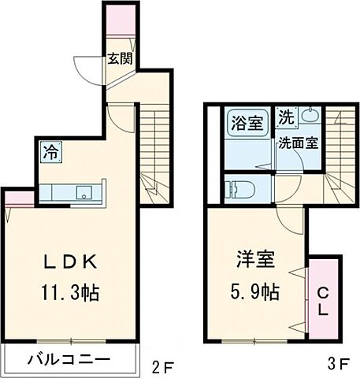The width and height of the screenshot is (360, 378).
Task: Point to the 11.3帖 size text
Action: tap(69, 293)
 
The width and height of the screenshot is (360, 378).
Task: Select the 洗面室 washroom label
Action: tap(296, 143)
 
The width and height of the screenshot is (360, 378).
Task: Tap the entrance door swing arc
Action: tap(85, 67)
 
